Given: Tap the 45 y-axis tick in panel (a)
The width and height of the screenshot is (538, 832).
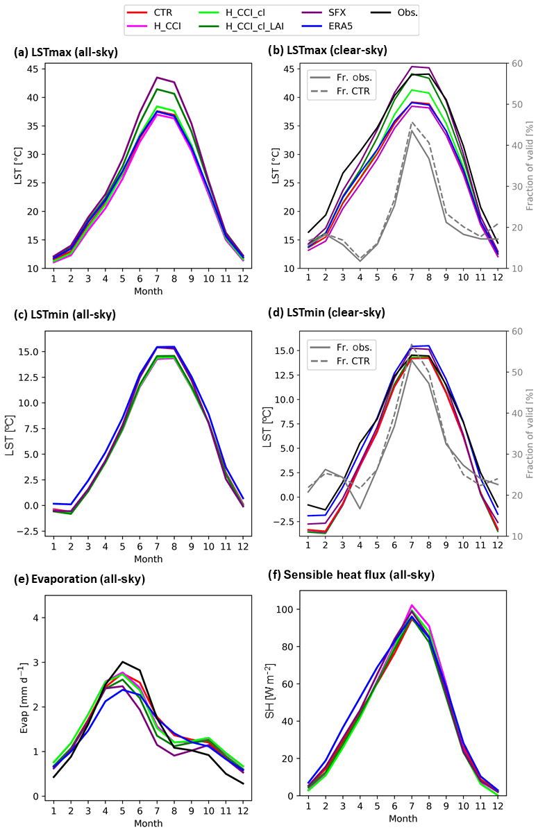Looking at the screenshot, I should click(x=33, y=69).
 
